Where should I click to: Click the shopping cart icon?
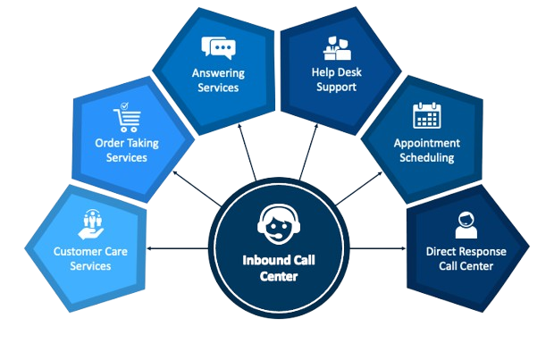125,118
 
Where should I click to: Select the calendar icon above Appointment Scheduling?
426,116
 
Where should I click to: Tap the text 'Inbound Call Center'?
276,269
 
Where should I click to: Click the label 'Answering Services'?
218,80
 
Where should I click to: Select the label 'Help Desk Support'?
335,80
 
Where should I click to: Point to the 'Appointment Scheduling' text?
426,150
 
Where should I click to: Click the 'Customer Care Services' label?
91,258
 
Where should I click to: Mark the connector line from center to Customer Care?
179,247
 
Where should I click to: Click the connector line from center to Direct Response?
376,247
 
